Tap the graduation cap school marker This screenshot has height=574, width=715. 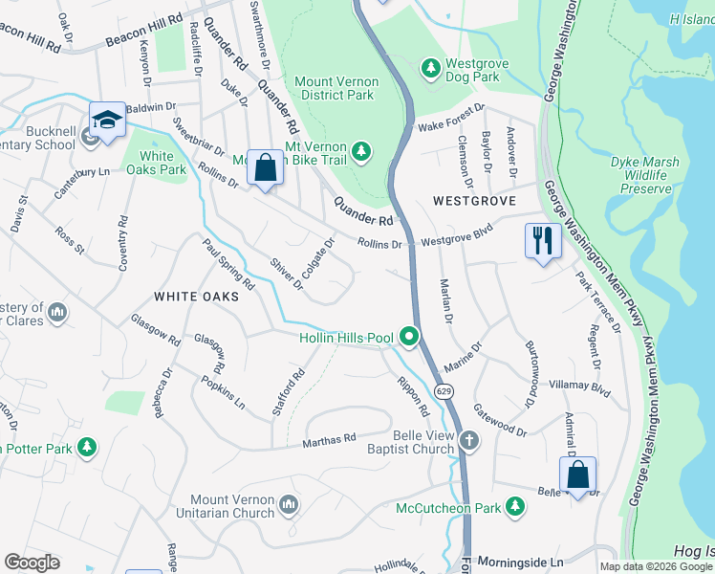point(108,121)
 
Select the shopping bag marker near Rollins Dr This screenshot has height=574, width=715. point(265,166)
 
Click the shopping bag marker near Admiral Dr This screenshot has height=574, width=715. point(577,474)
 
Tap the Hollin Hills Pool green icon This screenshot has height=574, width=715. point(410,337)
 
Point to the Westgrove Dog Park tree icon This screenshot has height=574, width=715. point(429,67)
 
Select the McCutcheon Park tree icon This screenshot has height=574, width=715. point(515,505)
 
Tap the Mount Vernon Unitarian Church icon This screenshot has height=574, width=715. point(290,504)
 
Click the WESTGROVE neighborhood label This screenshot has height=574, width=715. point(474,202)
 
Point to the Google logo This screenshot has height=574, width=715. point(32,563)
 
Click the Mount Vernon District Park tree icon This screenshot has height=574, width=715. point(361,150)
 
